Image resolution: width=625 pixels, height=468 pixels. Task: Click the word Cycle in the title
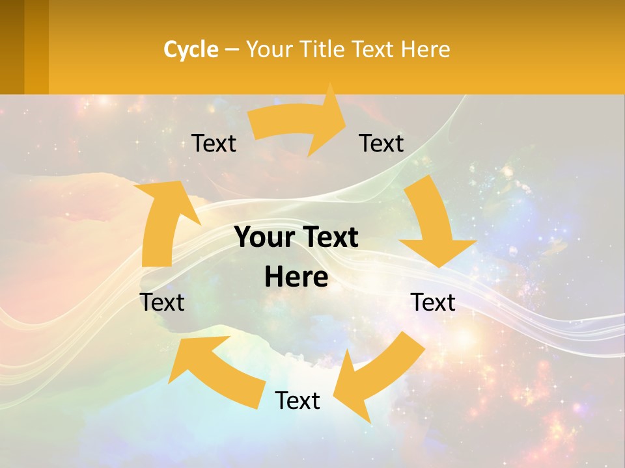191,49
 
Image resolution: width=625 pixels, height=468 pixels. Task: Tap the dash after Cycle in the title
232,49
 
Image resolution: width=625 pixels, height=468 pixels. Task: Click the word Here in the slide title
426,49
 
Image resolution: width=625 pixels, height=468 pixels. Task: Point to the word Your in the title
268,49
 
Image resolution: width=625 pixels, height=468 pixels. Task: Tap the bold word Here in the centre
296,277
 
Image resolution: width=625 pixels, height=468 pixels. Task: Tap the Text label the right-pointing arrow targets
382,143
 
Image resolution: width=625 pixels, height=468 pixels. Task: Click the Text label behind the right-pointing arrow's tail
214,143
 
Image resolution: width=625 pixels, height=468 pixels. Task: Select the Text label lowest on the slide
298,400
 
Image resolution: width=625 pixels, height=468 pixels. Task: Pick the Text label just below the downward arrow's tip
433,302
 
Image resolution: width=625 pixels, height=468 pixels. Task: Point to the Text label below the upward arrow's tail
162,302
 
